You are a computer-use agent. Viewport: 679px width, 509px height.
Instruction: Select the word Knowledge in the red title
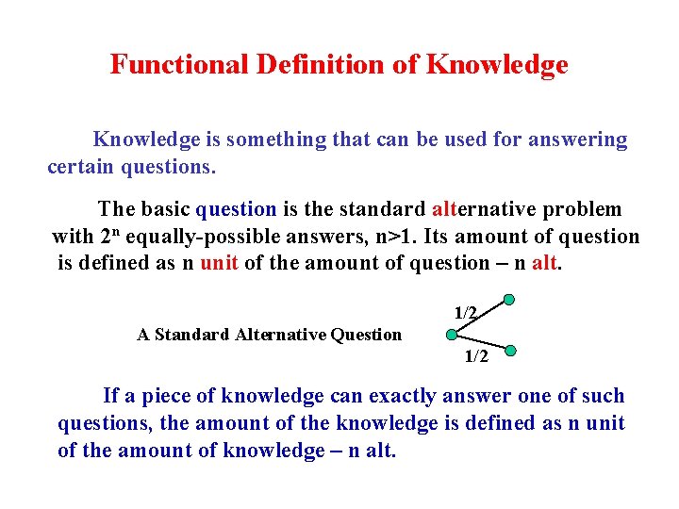pyautogui.click(x=497, y=65)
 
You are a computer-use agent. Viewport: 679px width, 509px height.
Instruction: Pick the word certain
pyautogui.click(x=80, y=169)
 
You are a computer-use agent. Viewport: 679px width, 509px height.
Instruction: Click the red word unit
pyautogui.click(x=219, y=263)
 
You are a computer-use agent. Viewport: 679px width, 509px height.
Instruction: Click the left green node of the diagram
pyautogui.click(x=452, y=334)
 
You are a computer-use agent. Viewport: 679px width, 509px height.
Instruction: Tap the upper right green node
pyautogui.click(x=509, y=301)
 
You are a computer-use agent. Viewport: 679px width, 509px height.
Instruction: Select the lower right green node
pyautogui.click(x=510, y=351)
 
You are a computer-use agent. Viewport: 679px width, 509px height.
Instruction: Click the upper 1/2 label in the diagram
pyautogui.click(x=466, y=312)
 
